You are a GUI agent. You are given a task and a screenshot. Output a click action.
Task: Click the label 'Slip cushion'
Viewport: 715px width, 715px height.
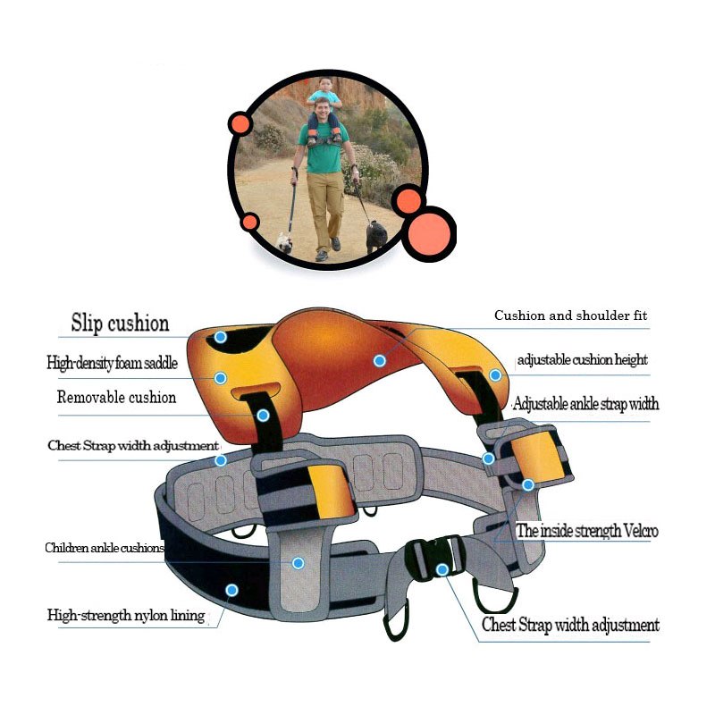(x=120, y=323)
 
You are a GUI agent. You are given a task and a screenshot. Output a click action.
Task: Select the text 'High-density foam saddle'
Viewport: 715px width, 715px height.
(x=113, y=364)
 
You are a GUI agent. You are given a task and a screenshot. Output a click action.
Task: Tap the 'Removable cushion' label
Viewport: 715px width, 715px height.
(x=116, y=398)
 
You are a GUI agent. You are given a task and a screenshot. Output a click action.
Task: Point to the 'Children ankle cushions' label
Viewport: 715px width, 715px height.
(x=105, y=548)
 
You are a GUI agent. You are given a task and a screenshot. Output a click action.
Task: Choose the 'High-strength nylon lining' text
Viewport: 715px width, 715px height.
(x=126, y=615)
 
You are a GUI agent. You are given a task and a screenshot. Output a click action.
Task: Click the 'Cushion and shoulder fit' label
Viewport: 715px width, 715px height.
(x=571, y=316)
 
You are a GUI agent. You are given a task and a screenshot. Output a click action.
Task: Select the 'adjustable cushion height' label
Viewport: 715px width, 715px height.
(x=582, y=360)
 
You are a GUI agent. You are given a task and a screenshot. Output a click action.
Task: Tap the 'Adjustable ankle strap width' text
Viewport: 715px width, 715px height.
(x=585, y=404)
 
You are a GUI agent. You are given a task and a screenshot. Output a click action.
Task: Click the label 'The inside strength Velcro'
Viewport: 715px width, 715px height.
(x=587, y=531)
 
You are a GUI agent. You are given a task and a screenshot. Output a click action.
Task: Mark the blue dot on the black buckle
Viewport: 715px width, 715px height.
(x=442, y=569)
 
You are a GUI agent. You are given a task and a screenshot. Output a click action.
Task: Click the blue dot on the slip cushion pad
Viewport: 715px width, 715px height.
(x=221, y=337)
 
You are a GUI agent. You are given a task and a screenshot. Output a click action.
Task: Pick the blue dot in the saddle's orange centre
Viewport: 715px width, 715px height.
(x=380, y=360)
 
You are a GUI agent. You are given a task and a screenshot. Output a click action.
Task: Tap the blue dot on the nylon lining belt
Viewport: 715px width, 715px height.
(x=231, y=590)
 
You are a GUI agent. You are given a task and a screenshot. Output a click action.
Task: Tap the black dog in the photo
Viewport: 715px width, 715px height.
(x=376, y=235)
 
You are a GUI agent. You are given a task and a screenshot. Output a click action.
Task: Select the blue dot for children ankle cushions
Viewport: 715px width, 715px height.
(x=298, y=563)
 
